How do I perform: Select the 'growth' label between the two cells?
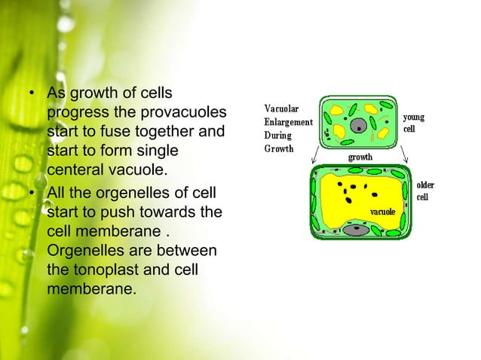(360, 157)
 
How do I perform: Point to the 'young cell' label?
(414, 123)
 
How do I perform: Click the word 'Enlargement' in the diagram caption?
(288, 122)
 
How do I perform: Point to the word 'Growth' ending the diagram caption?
(278, 148)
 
